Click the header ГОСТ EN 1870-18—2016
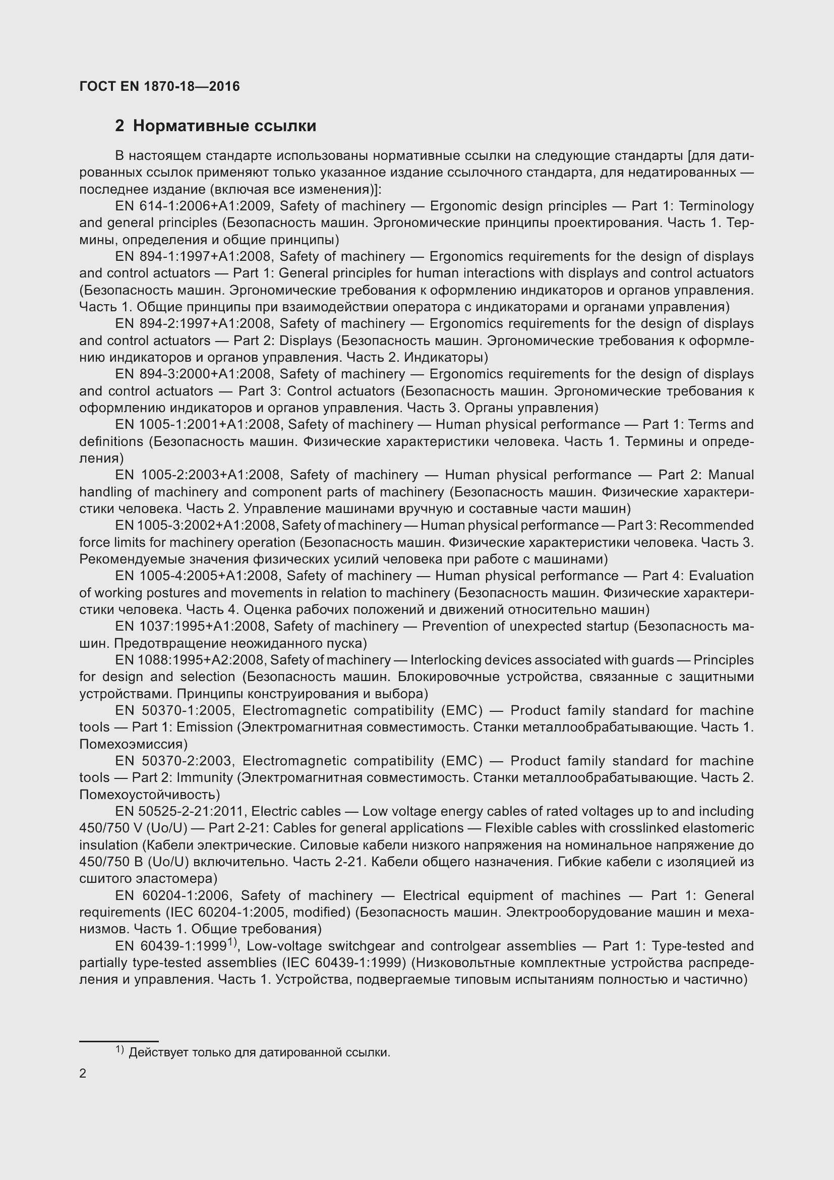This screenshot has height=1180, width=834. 159,86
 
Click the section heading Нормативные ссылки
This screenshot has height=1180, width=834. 224,126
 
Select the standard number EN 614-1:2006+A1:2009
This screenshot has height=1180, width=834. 193,206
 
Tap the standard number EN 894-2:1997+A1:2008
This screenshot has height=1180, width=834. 193,324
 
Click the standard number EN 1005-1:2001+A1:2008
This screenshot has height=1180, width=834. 197,424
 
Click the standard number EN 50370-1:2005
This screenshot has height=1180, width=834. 174,710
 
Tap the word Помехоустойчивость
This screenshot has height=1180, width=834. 149,795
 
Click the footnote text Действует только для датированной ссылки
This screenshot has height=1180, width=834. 259,1052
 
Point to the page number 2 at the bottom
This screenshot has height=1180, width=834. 83,1074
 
